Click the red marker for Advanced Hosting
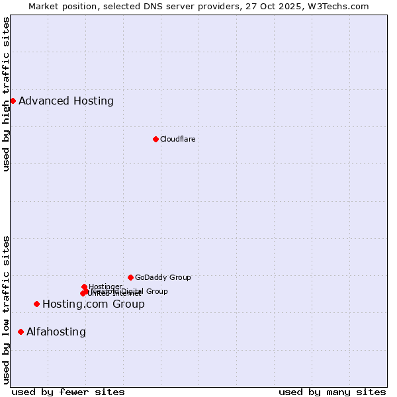(x=13, y=101)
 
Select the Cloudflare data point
(x=155, y=139)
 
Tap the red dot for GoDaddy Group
(x=130, y=277)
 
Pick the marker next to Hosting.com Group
(x=36, y=304)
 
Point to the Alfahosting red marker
(x=21, y=331)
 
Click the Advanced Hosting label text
(x=66, y=101)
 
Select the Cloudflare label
(x=177, y=139)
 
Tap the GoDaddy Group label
(x=163, y=277)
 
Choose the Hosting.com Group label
(x=93, y=304)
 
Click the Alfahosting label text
(x=56, y=332)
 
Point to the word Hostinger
(x=105, y=287)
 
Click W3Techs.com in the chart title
(x=336, y=6)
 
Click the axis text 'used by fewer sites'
(x=68, y=392)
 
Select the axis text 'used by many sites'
(x=332, y=392)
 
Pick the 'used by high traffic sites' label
(x=6, y=94)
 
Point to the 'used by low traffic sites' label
(x=6, y=309)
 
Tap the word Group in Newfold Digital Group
(x=157, y=291)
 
